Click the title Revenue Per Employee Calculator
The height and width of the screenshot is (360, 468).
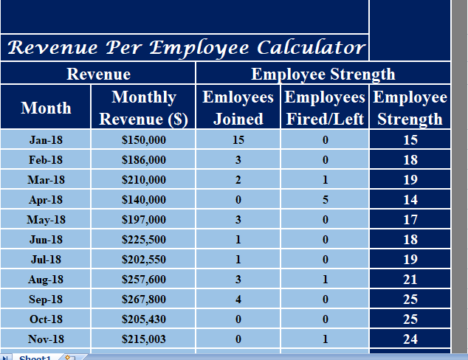[x=186, y=48]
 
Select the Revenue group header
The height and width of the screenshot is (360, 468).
[x=98, y=74]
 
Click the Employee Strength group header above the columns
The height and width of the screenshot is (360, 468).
[x=323, y=74]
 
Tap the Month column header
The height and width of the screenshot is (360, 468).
[x=46, y=108]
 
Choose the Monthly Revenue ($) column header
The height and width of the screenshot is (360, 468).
[x=143, y=108]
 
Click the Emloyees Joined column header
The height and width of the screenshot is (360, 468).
[x=238, y=108]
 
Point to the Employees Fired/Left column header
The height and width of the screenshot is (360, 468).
[x=325, y=108]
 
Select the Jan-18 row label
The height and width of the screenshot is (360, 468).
[x=46, y=139]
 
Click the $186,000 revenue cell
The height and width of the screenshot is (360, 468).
[x=143, y=159]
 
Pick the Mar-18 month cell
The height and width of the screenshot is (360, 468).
[x=46, y=179]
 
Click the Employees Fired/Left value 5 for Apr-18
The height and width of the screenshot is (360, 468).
[x=325, y=199]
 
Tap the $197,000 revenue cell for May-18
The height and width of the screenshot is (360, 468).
[x=143, y=219]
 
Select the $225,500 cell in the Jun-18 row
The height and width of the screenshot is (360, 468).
[x=143, y=239]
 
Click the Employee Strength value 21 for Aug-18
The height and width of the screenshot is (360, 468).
[x=410, y=279]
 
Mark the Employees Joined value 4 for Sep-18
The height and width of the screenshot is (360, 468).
[x=238, y=299]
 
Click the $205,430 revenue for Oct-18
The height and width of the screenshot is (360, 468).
[x=143, y=319]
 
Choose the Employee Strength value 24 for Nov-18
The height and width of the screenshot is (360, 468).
[x=410, y=339]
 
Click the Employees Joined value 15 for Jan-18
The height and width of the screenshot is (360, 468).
[x=238, y=139]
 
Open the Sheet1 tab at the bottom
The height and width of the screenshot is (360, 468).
[x=35, y=357]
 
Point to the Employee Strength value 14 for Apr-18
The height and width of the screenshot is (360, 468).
[x=410, y=199]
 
